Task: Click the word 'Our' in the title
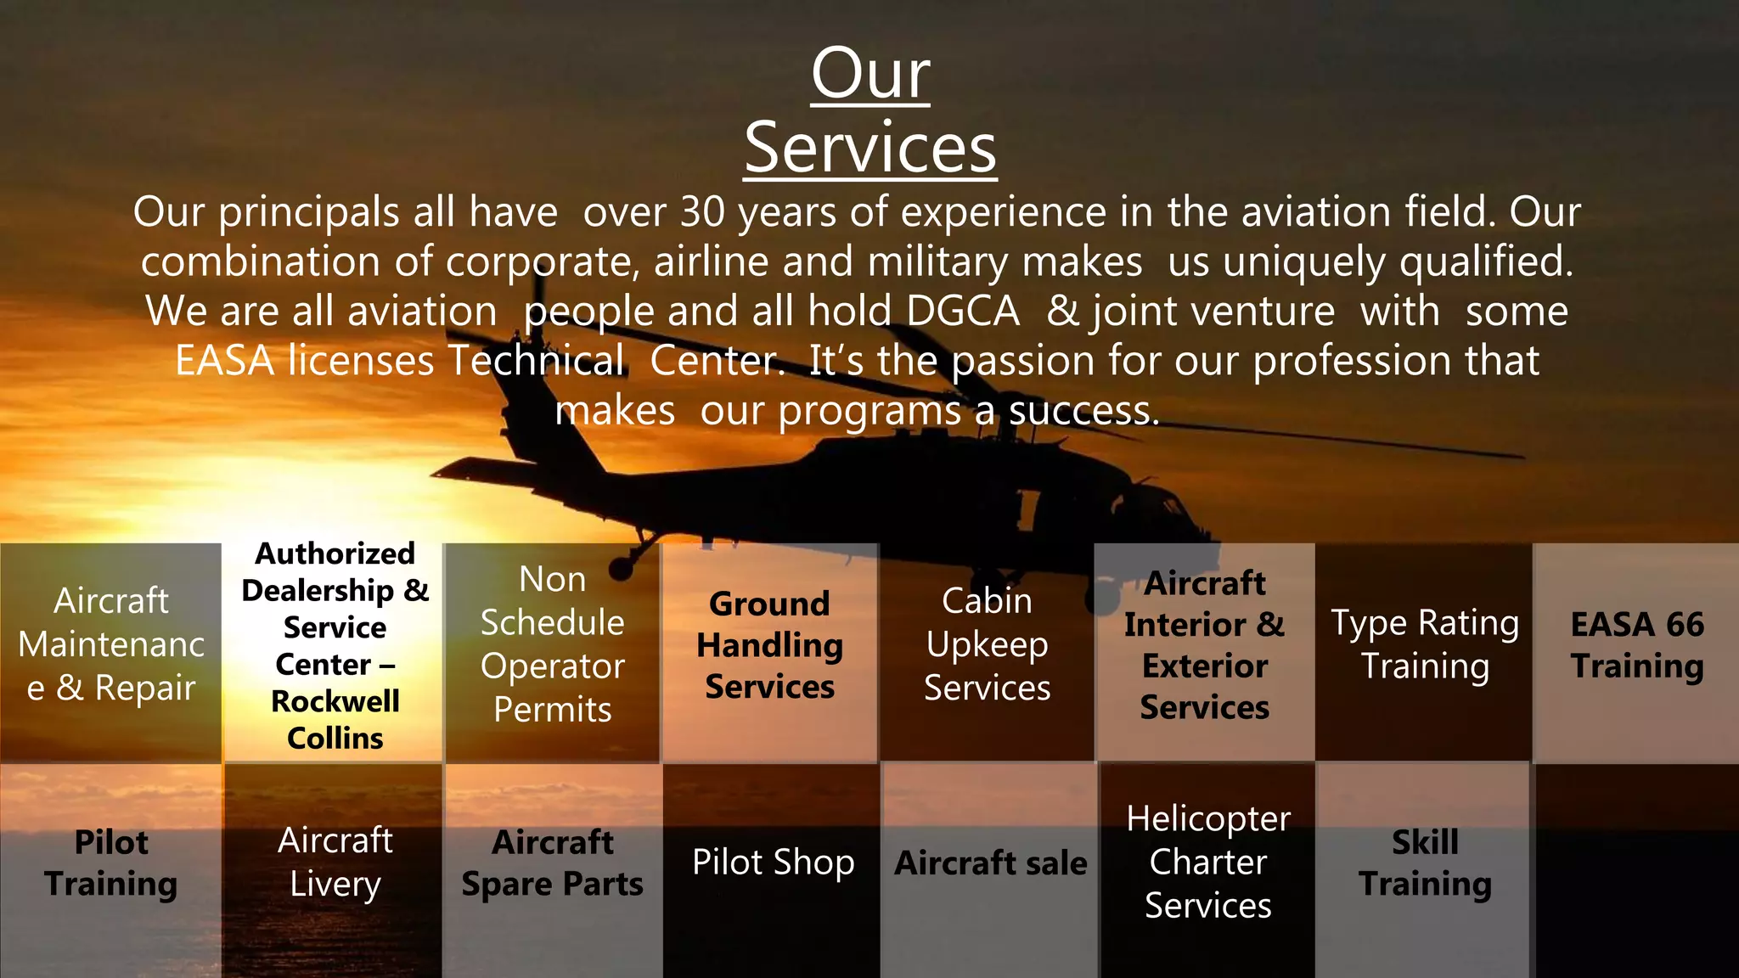coord(870,74)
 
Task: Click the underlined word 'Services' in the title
coord(870,148)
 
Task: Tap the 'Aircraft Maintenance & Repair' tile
coord(111,645)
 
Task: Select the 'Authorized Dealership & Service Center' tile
coord(335,646)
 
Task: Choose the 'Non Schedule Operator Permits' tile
coord(553,645)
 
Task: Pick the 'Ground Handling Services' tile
coord(770,645)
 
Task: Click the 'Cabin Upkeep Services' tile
coord(988,645)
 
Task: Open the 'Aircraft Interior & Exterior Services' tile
coord(1205,645)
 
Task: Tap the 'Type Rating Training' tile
coord(1425,645)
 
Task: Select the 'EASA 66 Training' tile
coord(1637,645)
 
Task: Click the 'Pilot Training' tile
coord(111,863)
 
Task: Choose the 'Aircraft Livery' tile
coord(335,863)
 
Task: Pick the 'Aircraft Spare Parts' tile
coord(553,863)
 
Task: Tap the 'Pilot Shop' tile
coord(773,863)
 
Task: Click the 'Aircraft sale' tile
coord(991,863)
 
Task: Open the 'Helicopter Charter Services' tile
coord(1208,863)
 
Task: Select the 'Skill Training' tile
coord(1425,863)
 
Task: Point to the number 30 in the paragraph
coord(702,212)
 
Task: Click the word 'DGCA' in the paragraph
coord(963,312)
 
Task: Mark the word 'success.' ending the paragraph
coord(1083,412)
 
